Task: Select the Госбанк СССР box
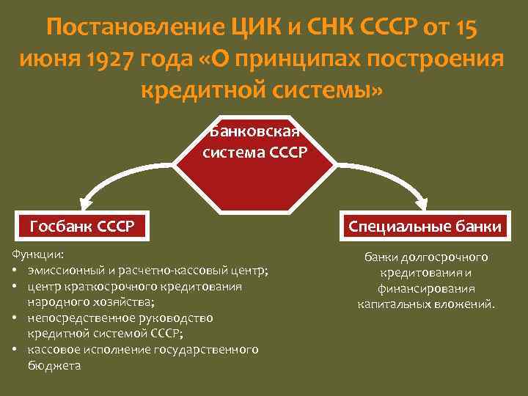coord(82,226)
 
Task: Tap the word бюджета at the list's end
coord(54,365)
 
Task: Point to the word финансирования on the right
coord(428,288)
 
